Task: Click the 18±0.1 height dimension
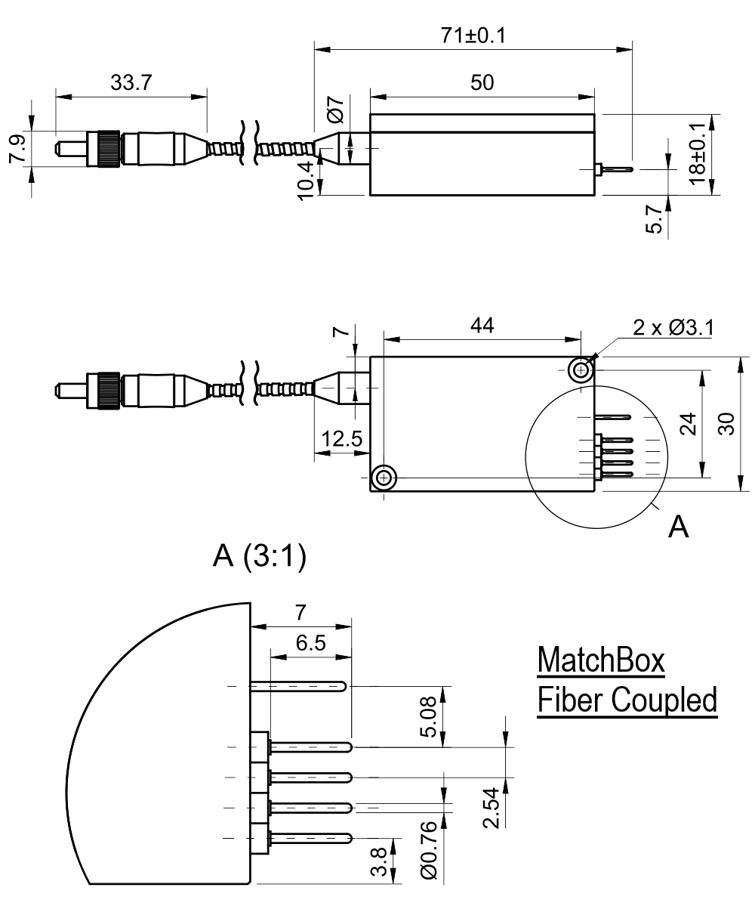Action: (698, 155)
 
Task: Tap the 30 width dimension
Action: (727, 423)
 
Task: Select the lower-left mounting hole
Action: (384, 478)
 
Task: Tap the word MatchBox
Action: (601, 663)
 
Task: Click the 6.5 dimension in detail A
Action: (311, 643)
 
